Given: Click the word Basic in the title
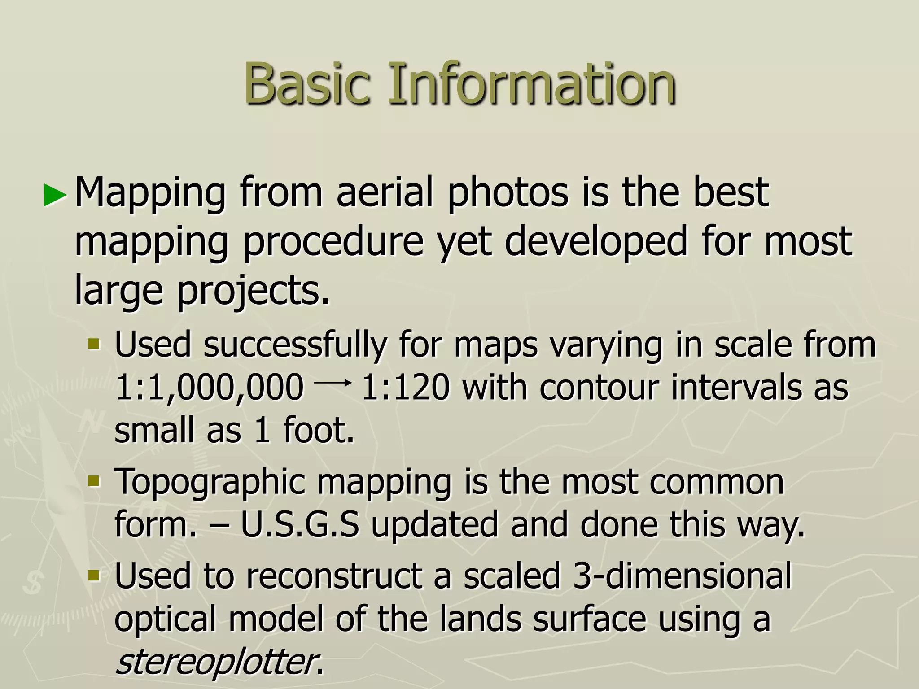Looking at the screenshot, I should [307, 84].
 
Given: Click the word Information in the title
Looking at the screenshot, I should [531, 84].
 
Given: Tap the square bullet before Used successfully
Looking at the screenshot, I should [94, 344].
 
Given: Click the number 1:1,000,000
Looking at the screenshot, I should [209, 388].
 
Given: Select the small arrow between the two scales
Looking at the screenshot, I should [332, 383].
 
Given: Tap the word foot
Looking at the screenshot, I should [318, 430].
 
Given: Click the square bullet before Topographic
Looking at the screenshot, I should [94, 482].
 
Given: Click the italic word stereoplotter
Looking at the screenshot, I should [215, 662].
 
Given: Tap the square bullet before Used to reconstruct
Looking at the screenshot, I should [94, 575].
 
